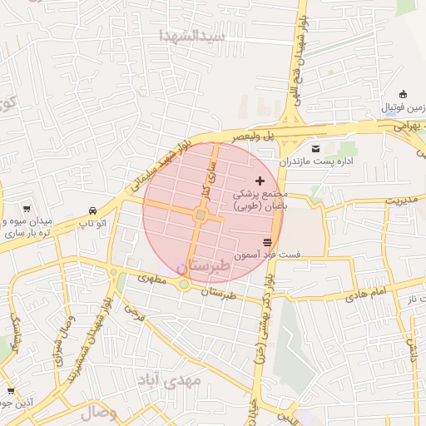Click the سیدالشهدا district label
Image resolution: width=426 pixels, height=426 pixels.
tap(193, 36)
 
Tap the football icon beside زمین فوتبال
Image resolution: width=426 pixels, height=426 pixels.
tap(404, 93)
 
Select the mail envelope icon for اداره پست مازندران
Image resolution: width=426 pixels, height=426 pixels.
tap(315, 148)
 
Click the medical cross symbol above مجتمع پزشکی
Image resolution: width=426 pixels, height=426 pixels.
tap(260, 180)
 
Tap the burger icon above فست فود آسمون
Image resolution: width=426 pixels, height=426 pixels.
tap(267, 241)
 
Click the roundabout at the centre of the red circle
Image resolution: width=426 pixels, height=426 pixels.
tap(201, 216)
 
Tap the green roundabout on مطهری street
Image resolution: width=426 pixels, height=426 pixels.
tap(183, 285)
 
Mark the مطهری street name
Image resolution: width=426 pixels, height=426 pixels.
tap(152, 280)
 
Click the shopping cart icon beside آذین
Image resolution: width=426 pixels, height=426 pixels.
tap(10, 391)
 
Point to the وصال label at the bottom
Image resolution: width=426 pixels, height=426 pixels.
tap(99, 412)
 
